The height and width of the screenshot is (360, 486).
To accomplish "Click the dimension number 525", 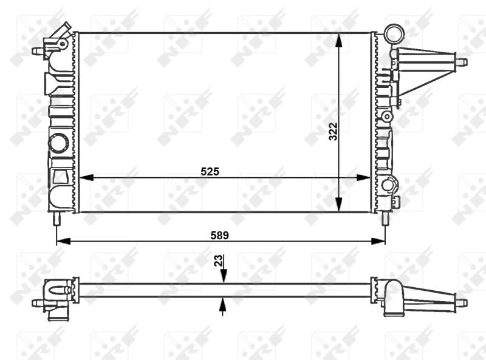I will (x=210, y=172).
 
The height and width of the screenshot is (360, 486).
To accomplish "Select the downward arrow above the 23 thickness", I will (x=223, y=277).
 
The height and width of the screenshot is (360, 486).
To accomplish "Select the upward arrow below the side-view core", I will (x=223, y=304).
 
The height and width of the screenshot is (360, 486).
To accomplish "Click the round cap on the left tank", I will (x=60, y=143).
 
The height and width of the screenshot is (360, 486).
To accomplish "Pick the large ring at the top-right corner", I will (x=394, y=32).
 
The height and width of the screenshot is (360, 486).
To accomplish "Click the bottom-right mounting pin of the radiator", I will (x=385, y=219).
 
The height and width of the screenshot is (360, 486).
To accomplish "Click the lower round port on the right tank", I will (x=389, y=184).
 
